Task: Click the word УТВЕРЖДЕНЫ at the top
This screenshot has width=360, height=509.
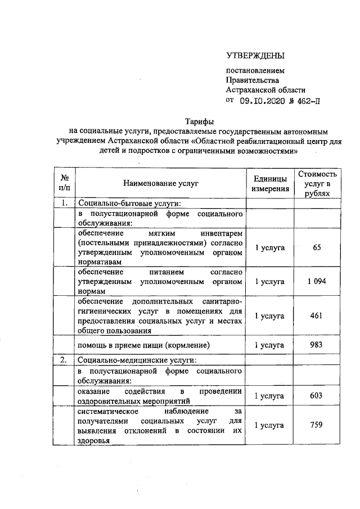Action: [255, 55]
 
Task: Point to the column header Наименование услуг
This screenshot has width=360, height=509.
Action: [160, 183]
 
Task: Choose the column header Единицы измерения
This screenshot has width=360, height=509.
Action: [271, 183]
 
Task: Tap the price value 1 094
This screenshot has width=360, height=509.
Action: [317, 281]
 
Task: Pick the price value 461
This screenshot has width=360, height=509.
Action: [317, 316]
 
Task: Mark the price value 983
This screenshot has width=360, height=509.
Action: [317, 345]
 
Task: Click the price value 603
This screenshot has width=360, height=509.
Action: [317, 396]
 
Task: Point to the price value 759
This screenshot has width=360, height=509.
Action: [317, 425]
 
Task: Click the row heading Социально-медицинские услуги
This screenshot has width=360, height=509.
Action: [134, 359]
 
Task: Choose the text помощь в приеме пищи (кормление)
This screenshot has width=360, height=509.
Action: [144, 345]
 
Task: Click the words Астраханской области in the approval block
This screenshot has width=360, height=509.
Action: [265, 89]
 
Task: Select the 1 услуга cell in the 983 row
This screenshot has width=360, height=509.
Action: [271, 345]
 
